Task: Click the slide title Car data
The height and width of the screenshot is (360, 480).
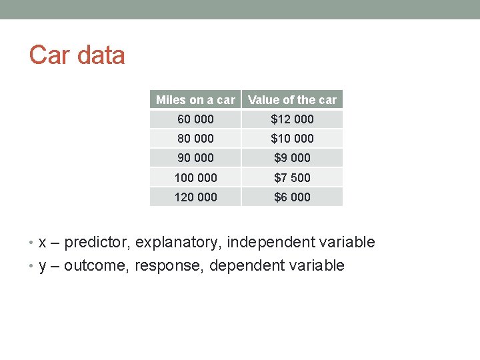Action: tap(77, 55)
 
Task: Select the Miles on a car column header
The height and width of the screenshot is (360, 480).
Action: tap(195, 100)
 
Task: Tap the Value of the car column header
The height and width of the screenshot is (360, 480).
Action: tap(292, 100)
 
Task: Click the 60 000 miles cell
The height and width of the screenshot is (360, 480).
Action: tap(195, 119)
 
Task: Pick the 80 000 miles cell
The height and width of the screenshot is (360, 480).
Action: tap(195, 139)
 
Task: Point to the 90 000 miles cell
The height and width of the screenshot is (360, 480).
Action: tap(195, 158)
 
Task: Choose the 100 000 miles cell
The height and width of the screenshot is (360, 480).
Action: tap(195, 177)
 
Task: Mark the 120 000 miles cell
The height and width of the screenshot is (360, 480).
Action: tap(195, 197)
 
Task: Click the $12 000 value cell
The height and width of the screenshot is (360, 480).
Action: tap(292, 119)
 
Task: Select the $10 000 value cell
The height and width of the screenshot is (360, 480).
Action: tap(292, 139)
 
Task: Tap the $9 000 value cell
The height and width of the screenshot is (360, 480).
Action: tap(292, 158)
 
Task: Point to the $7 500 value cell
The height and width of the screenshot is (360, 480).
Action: tap(292, 177)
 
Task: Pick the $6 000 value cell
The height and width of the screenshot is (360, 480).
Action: tap(292, 197)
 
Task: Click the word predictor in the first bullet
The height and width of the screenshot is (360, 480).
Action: tap(97, 243)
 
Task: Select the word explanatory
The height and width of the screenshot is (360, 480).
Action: tap(178, 243)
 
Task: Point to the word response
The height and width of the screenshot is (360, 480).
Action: tap(169, 266)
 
